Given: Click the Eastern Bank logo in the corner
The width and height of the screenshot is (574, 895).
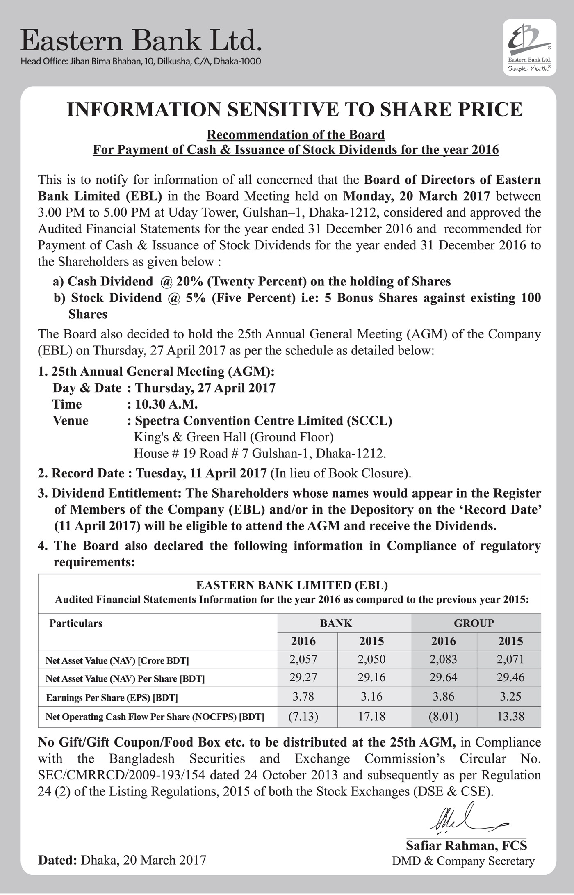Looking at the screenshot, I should coord(529,48).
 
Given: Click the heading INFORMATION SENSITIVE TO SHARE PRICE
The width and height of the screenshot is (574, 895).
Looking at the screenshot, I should coord(294,110).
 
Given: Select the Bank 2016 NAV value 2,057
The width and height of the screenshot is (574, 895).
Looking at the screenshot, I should coord(303,659).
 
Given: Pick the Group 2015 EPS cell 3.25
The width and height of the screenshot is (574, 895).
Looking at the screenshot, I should coord(510,696).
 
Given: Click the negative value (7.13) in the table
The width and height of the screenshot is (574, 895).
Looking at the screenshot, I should coord(303,717).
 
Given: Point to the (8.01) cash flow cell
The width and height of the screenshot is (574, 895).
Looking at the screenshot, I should coord(443,717).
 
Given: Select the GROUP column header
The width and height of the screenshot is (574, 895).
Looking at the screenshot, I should coord(474,623).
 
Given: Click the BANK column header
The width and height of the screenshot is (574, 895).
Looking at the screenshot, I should coord(336,623).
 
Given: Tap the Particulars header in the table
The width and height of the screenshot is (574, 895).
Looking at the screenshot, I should coord(76,623).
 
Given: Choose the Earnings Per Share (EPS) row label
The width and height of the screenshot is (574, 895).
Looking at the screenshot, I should coord(112,697).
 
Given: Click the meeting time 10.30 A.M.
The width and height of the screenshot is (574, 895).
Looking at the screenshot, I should coord(166,404).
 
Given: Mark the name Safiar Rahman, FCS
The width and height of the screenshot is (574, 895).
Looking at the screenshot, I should coord(466,845).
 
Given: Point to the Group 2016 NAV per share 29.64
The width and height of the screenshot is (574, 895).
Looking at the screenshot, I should coord(443,677).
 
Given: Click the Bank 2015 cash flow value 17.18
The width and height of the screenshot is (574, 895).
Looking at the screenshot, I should coord(371,717).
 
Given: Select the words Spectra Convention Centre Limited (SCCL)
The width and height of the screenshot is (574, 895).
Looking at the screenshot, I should coord(263,421).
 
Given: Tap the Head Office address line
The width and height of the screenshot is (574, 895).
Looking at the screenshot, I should coord(141,62).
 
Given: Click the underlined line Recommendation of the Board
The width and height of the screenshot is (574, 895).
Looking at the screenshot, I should coord(296,135).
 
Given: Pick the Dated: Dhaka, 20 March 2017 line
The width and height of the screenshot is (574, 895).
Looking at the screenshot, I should coord(122,860).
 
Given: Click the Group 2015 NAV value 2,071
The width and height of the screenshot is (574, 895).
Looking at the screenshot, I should coord(510,659).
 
